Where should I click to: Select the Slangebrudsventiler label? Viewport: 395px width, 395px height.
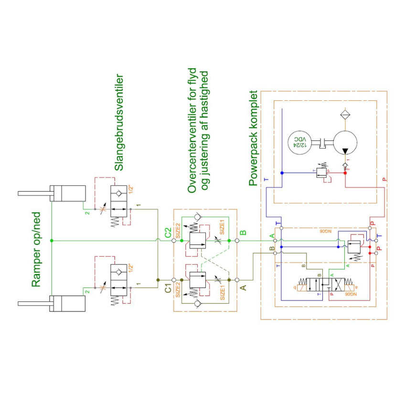[x=119, y=122]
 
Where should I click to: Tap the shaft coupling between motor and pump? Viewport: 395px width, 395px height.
[x=323, y=142]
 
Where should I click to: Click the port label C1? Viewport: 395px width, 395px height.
[x=168, y=288]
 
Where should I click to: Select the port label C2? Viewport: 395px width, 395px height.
[x=168, y=233]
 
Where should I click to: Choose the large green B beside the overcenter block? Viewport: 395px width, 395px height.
[x=243, y=233]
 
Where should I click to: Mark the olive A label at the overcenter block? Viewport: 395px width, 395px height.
[x=243, y=288]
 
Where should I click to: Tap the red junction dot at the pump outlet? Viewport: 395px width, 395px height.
[x=345, y=173]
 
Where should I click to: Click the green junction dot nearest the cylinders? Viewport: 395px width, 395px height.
[x=51, y=240]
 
